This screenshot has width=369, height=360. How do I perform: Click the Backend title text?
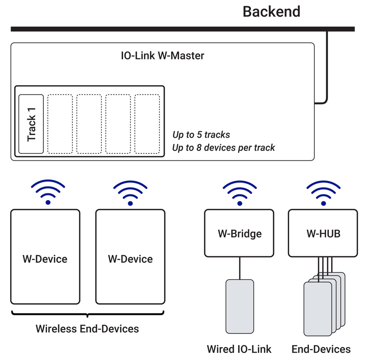271,12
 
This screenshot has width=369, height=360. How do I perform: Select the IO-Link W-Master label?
162,56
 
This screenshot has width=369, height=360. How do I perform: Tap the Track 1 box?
31,124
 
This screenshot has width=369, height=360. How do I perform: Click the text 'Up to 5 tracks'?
201,135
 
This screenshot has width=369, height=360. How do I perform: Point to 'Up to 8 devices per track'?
224,148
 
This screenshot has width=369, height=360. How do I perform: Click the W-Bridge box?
239,233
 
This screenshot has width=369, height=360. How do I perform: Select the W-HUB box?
323,233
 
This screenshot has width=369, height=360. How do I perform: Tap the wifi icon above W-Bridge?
239,193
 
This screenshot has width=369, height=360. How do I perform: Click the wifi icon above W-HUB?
323,193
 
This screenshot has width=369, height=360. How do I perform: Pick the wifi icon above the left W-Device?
48,193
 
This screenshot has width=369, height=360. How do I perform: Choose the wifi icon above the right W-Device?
130,193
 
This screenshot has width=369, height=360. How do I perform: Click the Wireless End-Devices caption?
87,329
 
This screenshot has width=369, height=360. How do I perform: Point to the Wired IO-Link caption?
239,349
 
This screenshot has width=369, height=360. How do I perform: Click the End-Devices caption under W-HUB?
321,349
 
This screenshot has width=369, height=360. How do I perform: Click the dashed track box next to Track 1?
60,124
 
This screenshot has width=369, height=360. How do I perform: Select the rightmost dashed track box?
147,124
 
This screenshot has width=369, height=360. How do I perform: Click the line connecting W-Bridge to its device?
239,268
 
